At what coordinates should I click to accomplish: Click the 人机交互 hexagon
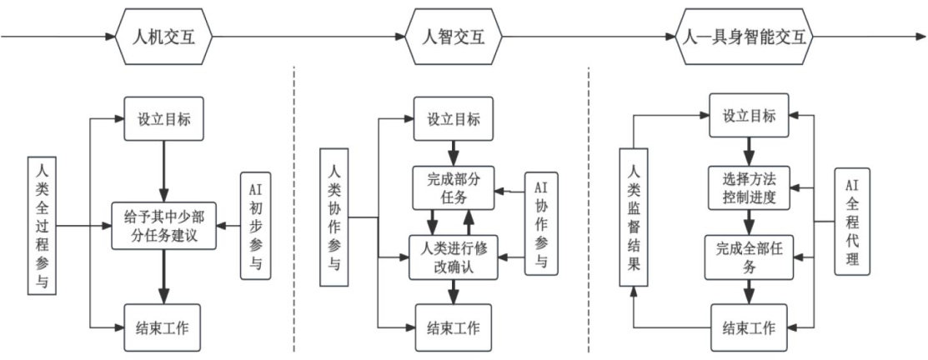pyautogui.click(x=164, y=37)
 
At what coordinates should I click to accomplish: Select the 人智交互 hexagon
pyautogui.click(x=454, y=37)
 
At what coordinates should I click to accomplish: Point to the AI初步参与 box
pyautogui.click(x=254, y=225)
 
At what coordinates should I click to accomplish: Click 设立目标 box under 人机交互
pyautogui.click(x=164, y=119)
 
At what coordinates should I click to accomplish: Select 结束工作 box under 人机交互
pyautogui.click(x=164, y=327)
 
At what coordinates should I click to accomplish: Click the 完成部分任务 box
pyautogui.click(x=454, y=187)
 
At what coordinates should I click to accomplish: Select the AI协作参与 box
pyautogui.click(x=541, y=224)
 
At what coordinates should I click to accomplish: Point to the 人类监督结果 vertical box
pyautogui.click(x=635, y=217)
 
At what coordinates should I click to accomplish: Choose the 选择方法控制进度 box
pyautogui.click(x=748, y=187)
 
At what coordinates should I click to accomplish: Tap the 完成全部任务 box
pyautogui.click(x=748, y=257)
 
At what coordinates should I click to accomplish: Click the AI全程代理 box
pyautogui.click(x=851, y=221)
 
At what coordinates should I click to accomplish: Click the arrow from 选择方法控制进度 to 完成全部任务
pyautogui.click(x=748, y=222)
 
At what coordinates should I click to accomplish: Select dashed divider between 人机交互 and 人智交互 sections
pyautogui.click(x=295, y=208)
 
